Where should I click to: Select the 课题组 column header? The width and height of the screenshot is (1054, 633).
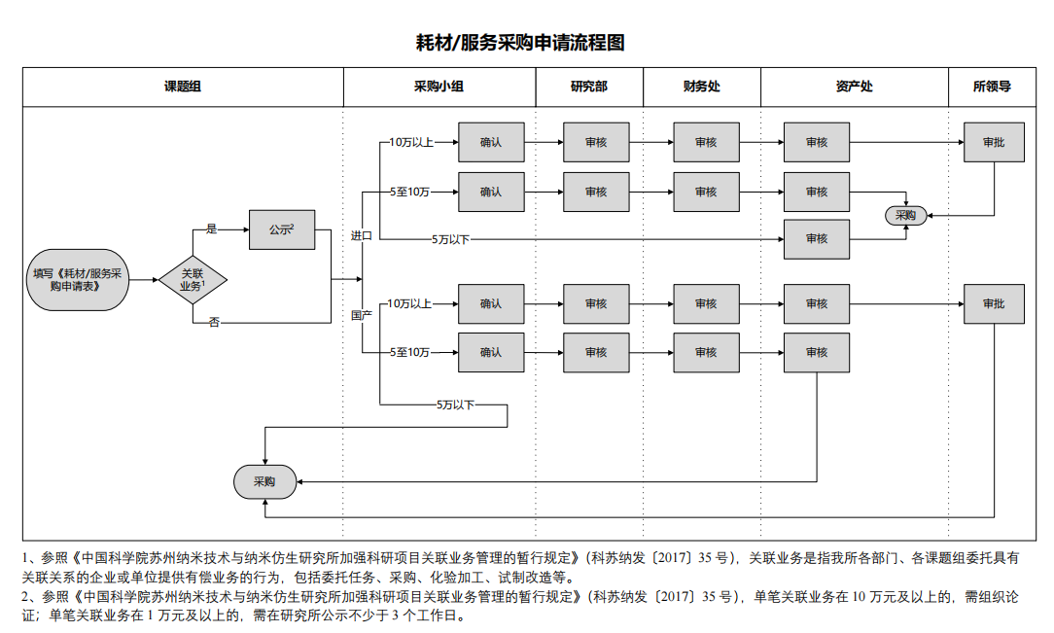[x=183, y=87]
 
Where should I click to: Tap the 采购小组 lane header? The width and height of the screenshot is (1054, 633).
[x=439, y=87]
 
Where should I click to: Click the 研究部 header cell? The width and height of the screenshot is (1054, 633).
[x=588, y=87]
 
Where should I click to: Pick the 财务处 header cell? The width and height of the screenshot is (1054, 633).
[x=701, y=87]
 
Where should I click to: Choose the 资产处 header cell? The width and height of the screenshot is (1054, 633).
[x=854, y=87]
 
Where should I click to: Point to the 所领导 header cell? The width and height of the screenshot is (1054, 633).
[x=992, y=87]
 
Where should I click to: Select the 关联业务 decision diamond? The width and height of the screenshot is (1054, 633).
[x=193, y=281]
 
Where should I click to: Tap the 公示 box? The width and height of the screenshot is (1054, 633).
[x=282, y=230]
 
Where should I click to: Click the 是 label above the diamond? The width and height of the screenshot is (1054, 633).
[x=212, y=229]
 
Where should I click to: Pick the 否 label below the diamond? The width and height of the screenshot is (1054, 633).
[x=214, y=322]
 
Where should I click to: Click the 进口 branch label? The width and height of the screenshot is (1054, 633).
[x=362, y=235]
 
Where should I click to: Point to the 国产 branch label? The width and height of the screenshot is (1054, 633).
[x=362, y=315]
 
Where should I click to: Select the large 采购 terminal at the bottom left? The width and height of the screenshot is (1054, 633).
[x=264, y=481]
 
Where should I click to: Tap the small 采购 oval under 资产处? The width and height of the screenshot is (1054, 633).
[x=905, y=215]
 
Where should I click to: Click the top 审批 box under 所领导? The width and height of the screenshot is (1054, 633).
[x=994, y=142]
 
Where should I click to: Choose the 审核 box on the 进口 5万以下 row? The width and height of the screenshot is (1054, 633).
[x=817, y=239]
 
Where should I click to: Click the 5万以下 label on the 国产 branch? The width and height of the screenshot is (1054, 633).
[x=455, y=404]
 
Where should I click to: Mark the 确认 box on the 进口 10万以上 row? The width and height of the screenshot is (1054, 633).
[x=491, y=142]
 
